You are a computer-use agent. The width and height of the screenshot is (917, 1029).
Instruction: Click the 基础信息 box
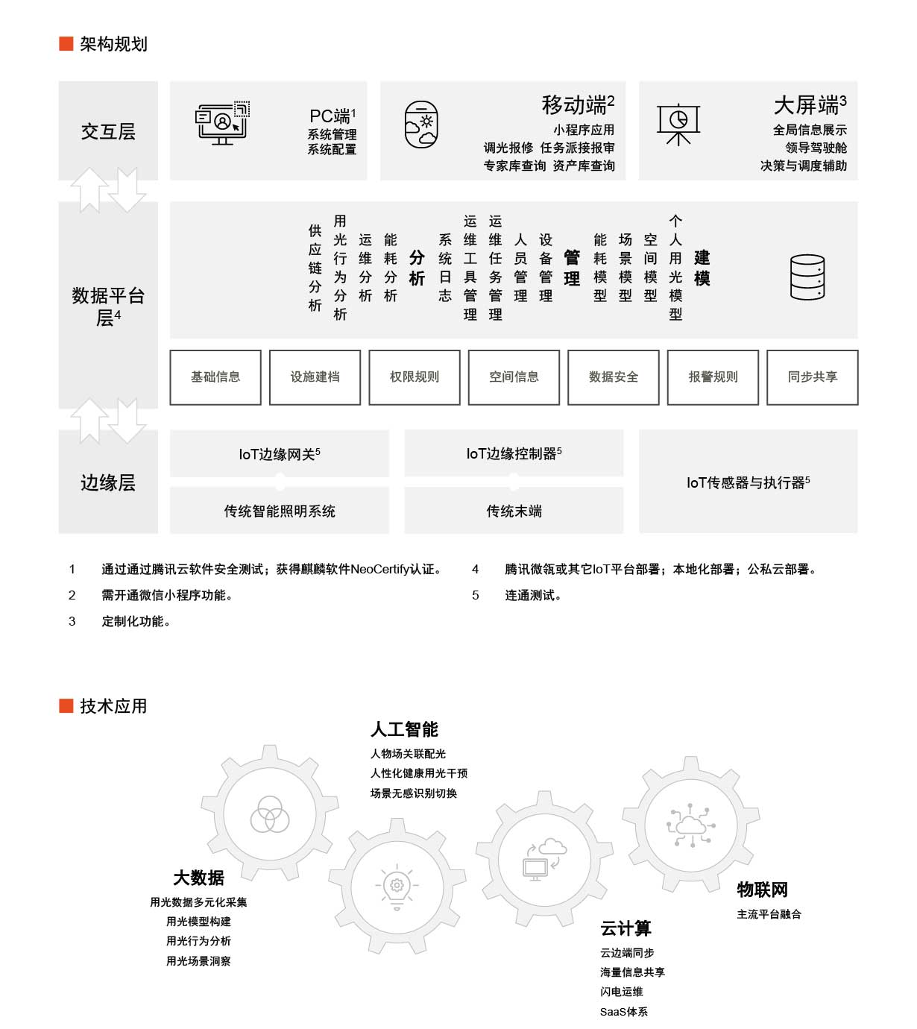click(215, 377)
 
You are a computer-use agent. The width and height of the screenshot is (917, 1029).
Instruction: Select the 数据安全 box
click(613, 377)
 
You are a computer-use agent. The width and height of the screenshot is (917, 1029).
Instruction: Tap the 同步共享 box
click(812, 377)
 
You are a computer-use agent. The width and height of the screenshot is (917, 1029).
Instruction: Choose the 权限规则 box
click(415, 377)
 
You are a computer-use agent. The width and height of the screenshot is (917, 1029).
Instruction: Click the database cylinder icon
click(807, 277)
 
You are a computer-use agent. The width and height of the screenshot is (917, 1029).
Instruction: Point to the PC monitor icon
click(222, 123)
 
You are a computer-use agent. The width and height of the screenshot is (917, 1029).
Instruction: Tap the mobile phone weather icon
click(421, 125)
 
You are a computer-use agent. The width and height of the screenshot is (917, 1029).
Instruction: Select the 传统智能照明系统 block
click(280, 510)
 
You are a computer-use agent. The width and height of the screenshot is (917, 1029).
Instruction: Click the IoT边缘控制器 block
click(514, 453)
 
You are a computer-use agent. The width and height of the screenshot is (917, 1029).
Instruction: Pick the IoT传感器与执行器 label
click(748, 482)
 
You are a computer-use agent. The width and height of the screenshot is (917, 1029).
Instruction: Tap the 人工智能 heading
click(404, 729)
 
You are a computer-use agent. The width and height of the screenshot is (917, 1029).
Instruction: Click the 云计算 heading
click(625, 928)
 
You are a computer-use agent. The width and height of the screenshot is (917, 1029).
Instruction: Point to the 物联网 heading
click(762, 889)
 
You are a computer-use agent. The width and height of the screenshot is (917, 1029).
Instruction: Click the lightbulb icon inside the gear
click(397, 887)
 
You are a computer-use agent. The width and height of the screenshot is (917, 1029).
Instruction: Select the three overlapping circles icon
click(270, 814)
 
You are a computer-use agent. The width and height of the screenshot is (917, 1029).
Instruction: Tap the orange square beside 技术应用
click(66, 705)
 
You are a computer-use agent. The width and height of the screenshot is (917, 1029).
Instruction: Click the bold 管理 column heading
click(571, 268)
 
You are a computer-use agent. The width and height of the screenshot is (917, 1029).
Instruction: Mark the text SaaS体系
click(623, 1012)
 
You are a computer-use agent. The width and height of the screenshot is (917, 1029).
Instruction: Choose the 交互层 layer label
click(108, 131)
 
